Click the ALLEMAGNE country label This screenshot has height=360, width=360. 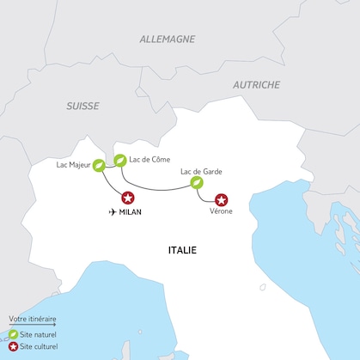click(x=167, y=39)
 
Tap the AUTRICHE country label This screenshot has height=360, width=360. click(x=256, y=85)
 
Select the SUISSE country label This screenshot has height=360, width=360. click(x=82, y=107)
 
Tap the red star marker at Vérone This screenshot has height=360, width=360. click(x=223, y=198)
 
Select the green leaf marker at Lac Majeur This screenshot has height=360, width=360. click(x=100, y=165)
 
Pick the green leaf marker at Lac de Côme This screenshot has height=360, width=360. click(x=120, y=159)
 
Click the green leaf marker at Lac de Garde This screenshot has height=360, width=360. click(x=198, y=183)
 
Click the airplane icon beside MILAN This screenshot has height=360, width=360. click(x=113, y=211)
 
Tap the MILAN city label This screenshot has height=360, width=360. click(x=131, y=211)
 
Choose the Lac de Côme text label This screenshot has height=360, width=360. click(x=149, y=159)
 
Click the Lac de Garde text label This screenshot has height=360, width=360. click(x=201, y=171)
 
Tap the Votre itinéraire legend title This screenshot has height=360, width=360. click(x=31, y=318)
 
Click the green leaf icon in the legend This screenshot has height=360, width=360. click(x=13, y=334)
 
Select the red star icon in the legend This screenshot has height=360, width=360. click(x=13, y=347)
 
